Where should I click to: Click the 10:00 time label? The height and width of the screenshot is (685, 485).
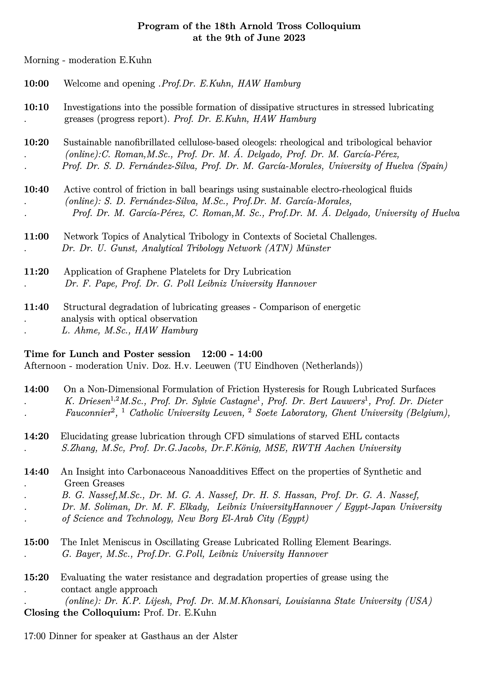[x=36, y=84]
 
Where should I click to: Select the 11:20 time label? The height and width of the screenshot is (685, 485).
[x=36, y=272]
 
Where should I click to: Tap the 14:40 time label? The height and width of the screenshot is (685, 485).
[x=36, y=472]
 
